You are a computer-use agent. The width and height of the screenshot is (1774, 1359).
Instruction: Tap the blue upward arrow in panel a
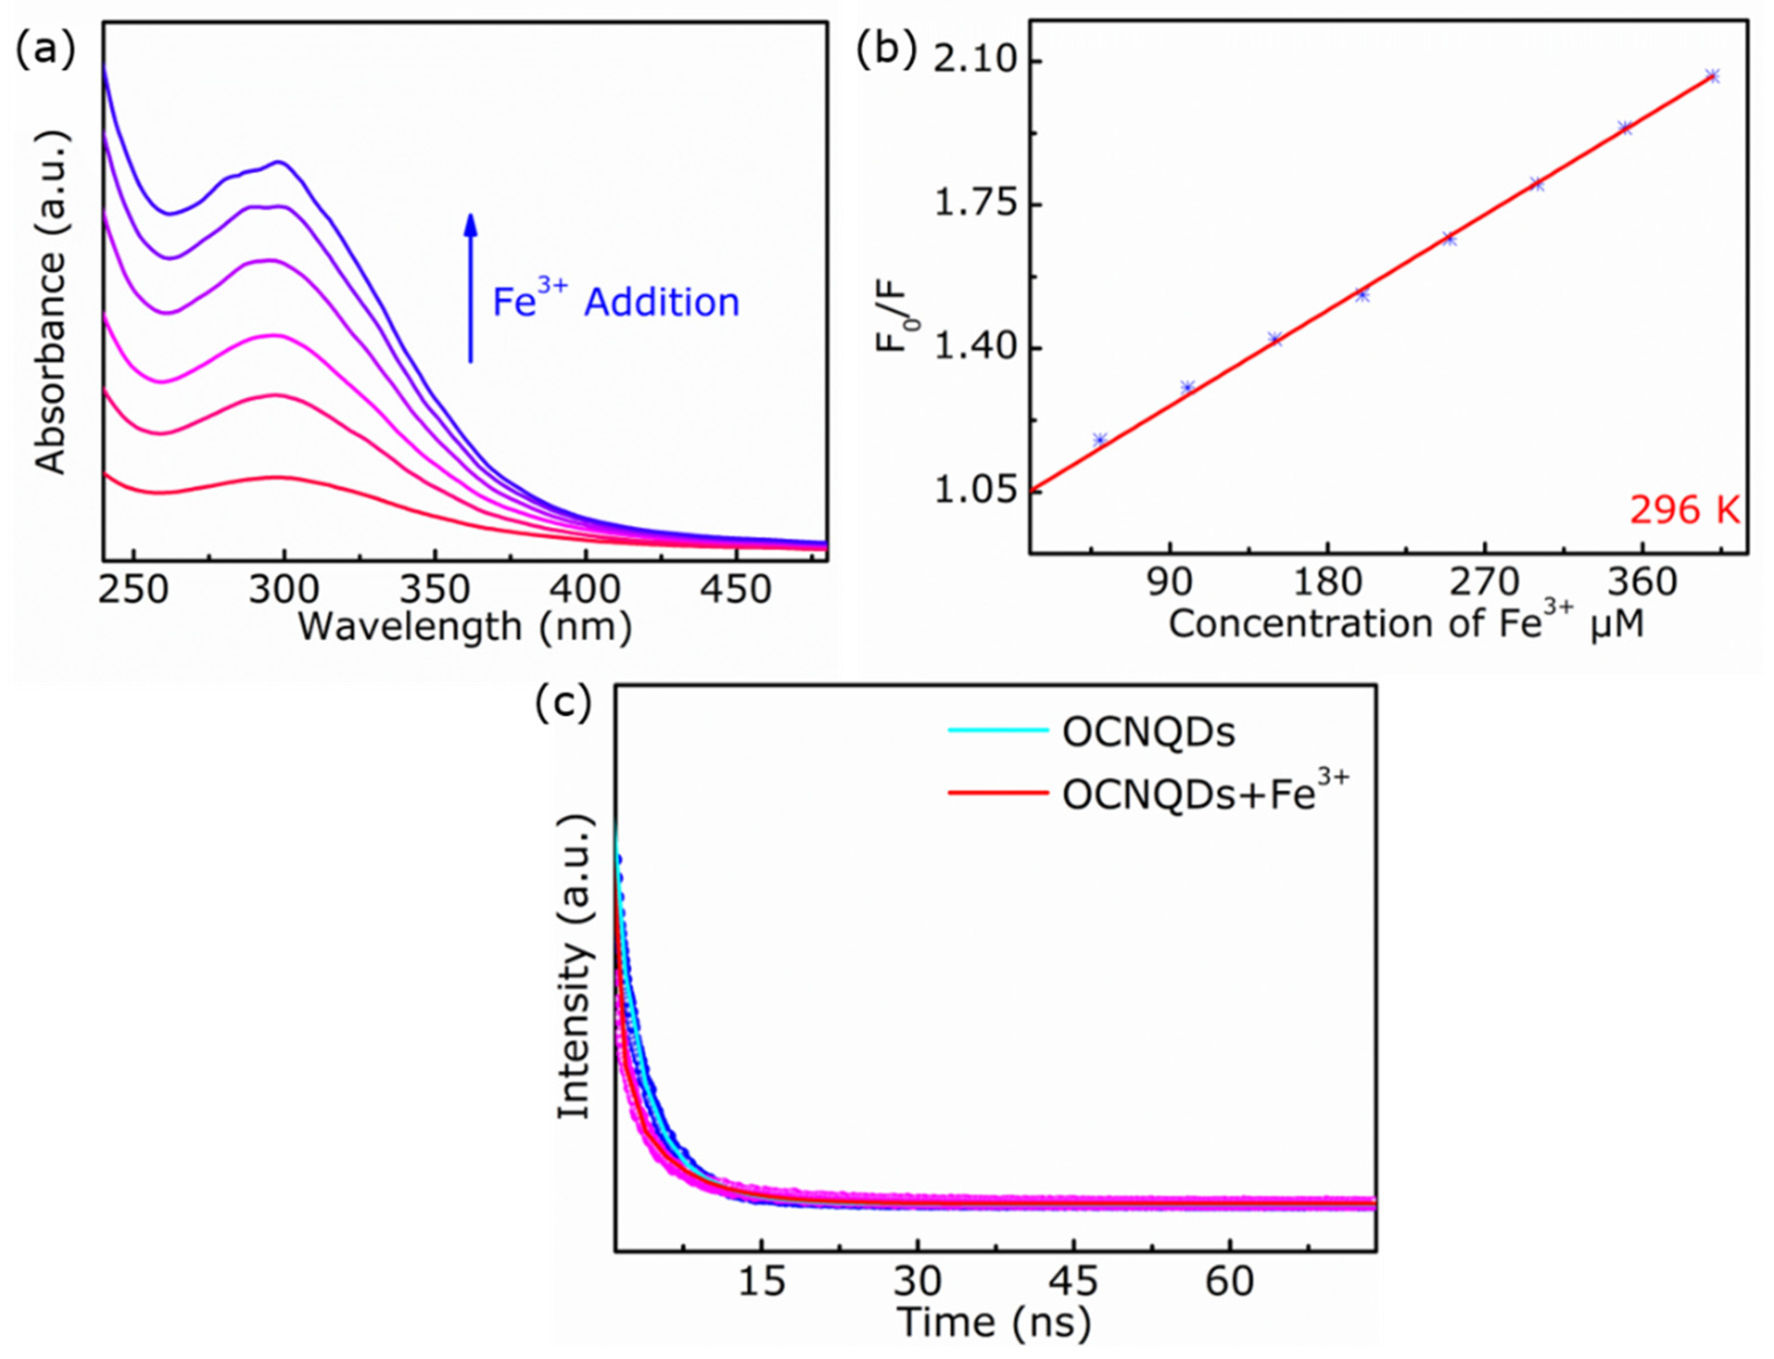click(x=470, y=287)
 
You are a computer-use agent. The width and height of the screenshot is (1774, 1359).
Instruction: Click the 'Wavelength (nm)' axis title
click(x=465, y=627)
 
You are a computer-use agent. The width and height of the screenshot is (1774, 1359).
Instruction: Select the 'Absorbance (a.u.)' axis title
click(x=50, y=301)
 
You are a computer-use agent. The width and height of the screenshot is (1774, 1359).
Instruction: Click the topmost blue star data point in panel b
click(x=1712, y=76)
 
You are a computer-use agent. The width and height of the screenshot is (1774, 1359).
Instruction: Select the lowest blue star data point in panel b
click(x=1099, y=440)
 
